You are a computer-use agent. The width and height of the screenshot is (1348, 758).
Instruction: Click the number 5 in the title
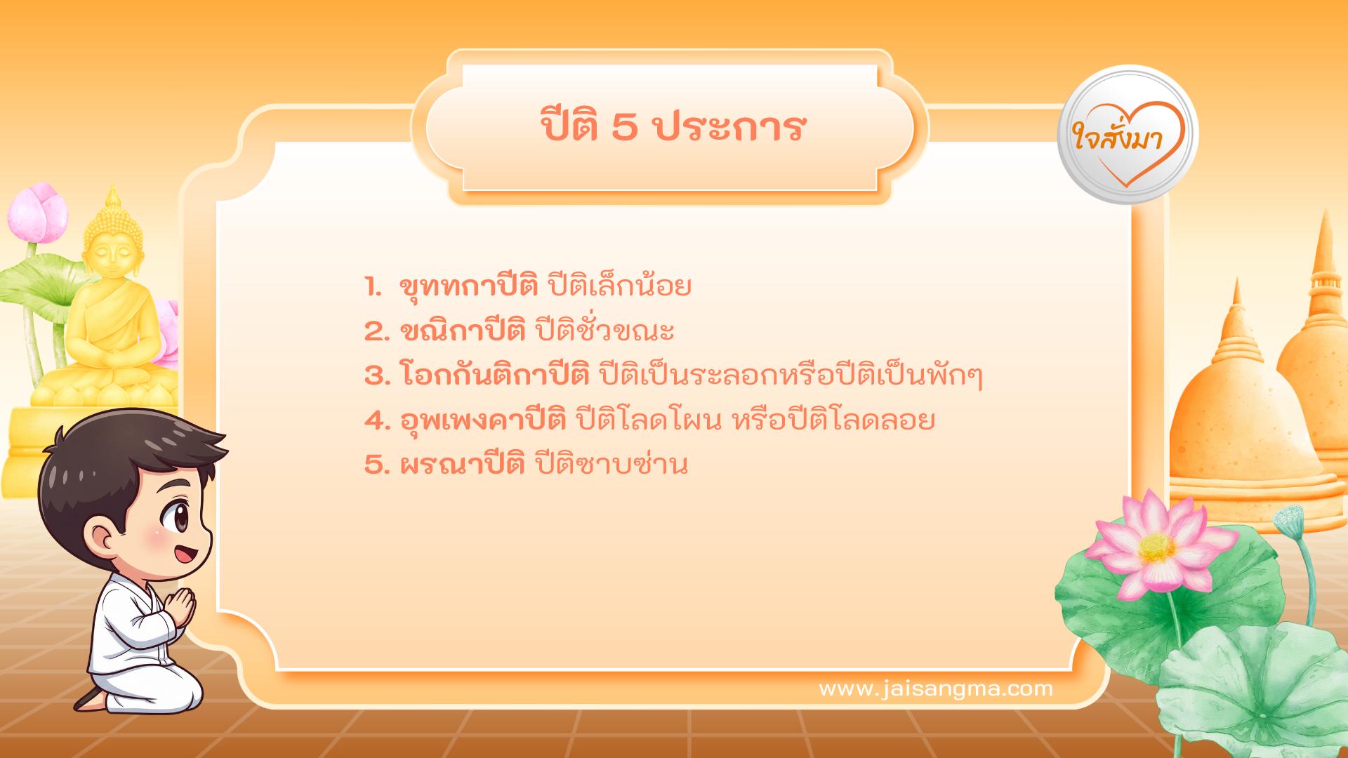(624, 128)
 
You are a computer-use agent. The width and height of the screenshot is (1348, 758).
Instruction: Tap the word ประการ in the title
(729, 128)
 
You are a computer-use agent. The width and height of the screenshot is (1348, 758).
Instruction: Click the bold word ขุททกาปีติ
(468, 286)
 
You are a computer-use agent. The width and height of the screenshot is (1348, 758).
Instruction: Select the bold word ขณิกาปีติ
(463, 331)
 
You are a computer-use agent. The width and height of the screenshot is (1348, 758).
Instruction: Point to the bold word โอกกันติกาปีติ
(494, 375)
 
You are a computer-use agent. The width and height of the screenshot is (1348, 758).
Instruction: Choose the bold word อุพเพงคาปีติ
(483, 420)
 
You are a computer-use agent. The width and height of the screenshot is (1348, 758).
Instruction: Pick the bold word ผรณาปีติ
(462, 465)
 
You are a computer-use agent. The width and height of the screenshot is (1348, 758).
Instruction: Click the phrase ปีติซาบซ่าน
(611, 465)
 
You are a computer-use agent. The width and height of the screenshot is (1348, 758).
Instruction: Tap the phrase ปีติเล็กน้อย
(619, 286)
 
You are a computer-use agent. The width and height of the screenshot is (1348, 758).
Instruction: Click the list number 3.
(377, 375)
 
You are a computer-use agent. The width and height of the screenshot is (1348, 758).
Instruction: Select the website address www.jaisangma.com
(935, 689)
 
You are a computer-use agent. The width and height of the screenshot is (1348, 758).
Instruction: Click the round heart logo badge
(1128, 135)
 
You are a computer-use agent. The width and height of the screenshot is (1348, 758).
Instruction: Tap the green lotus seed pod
(1289, 520)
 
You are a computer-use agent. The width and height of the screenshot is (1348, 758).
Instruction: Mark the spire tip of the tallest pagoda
(1326, 214)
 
